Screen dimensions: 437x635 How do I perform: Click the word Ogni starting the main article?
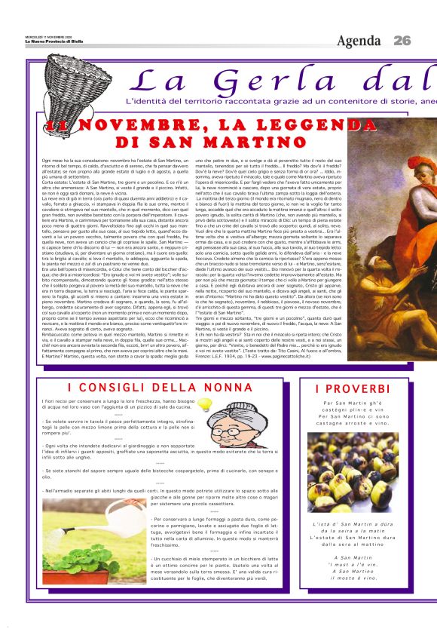click(48, 161)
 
